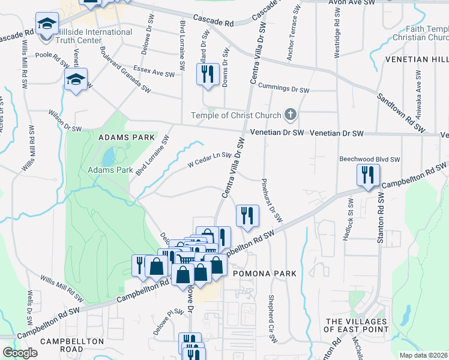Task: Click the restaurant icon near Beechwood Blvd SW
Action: click(366, 175)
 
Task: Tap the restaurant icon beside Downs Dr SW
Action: click(206, 74)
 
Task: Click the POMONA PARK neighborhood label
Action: click(264, 274)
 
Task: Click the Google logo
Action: click(20, 352)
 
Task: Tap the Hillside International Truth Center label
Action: click(93, 36)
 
